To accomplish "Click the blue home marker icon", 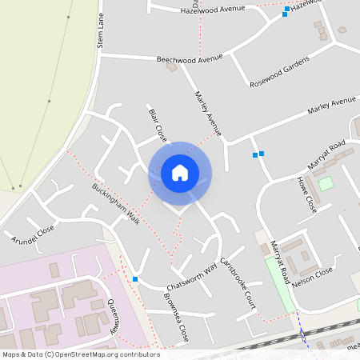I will point(180,173).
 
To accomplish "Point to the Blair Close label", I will point(157,122).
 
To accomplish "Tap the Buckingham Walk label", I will point(115,205).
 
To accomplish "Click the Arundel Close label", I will point(33,234).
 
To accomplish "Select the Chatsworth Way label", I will point(192,276).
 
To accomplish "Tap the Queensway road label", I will point(113,314).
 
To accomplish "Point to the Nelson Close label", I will point(313,275).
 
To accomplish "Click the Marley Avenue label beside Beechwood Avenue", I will point(206,112).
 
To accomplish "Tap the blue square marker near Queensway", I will point(135,279).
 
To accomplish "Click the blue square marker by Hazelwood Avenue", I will point(285,14).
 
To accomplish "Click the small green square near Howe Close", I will point(326,183).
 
